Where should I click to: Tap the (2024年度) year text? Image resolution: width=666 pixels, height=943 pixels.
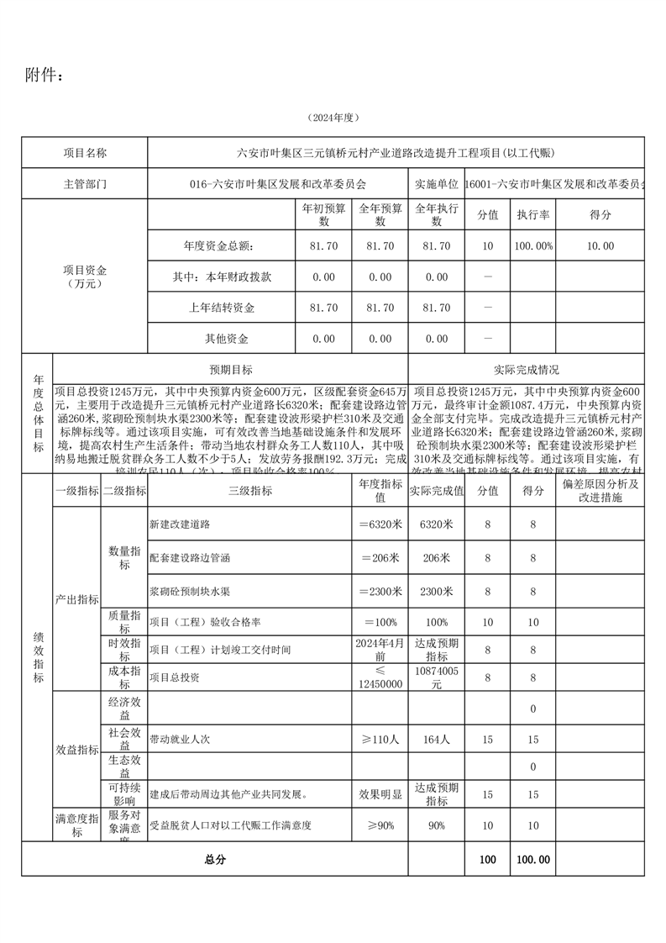tap(333, 118)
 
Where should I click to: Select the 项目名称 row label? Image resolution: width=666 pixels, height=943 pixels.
tap(85, 153)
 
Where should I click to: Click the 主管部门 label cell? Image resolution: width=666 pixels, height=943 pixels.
tap(85, 182)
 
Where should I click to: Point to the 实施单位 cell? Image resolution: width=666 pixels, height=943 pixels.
tap(436, 182)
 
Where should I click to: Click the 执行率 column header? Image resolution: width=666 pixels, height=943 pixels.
tap(532, 215)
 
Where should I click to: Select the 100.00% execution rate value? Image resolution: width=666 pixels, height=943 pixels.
tap(532, 246)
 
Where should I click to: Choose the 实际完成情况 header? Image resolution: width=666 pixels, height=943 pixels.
tap(527, 370)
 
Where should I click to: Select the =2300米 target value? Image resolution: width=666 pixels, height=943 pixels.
tap(380, 591)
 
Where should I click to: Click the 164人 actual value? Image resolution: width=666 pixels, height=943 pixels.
tap(437, 740)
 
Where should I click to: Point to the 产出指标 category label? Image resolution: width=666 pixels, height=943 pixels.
tap(77, 600)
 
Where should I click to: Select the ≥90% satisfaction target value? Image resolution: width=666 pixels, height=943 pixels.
tap(380, 826)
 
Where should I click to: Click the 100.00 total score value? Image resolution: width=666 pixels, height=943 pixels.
tap(532, 860)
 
